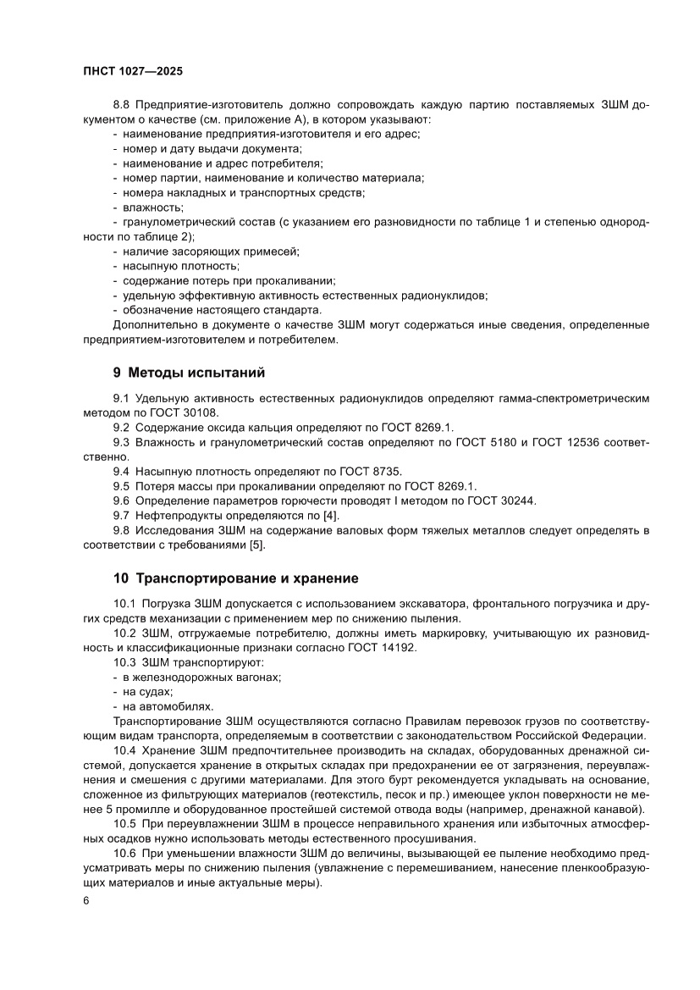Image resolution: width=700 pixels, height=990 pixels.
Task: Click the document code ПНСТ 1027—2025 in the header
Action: [133, 71]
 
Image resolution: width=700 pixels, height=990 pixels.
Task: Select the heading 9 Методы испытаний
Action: [190, 372]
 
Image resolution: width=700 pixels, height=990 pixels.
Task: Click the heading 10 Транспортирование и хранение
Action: [236, 578]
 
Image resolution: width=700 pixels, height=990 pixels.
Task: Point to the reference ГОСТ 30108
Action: [190, 412]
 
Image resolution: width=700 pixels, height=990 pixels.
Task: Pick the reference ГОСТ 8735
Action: [375, 470]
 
